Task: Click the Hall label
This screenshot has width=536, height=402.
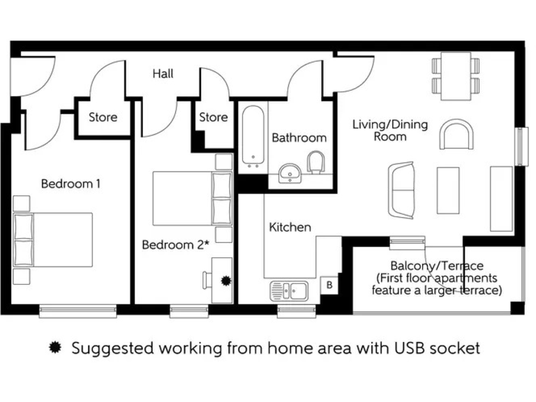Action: click(x=163, y=73)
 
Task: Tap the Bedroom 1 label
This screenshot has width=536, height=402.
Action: click(x=70, y=184)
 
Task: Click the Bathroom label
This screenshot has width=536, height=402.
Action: click(x=299, y=137)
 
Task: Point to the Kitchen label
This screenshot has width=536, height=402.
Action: click(x=290, y=227)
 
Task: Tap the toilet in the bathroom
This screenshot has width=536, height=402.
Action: click(x=317, y=163)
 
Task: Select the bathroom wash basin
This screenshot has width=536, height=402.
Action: click(x=290, y=172)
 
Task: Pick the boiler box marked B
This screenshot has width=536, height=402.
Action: click(x=329, y=285)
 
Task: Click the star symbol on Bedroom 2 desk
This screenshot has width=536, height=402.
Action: click(x=225, y=281)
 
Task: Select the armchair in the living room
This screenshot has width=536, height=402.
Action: click(x=457, y=134)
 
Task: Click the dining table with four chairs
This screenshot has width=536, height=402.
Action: click(x=456, y=76)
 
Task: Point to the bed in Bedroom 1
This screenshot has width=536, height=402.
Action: click(x=53, y=239)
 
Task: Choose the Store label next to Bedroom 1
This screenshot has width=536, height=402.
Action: click(x=103, y=117)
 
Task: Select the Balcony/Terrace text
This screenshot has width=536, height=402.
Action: click(x=436, y=266)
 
